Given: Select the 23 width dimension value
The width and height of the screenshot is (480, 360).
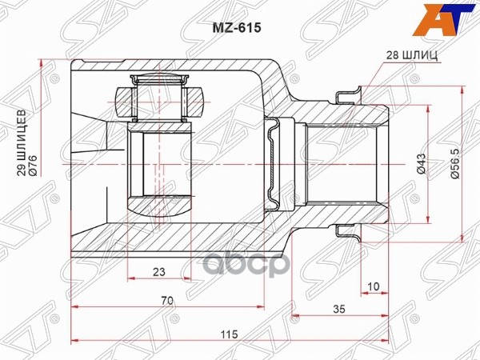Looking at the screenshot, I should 158,272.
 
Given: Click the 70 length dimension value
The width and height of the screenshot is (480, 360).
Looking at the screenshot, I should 166,302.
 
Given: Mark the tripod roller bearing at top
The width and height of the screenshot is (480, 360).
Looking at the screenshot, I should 159,97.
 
